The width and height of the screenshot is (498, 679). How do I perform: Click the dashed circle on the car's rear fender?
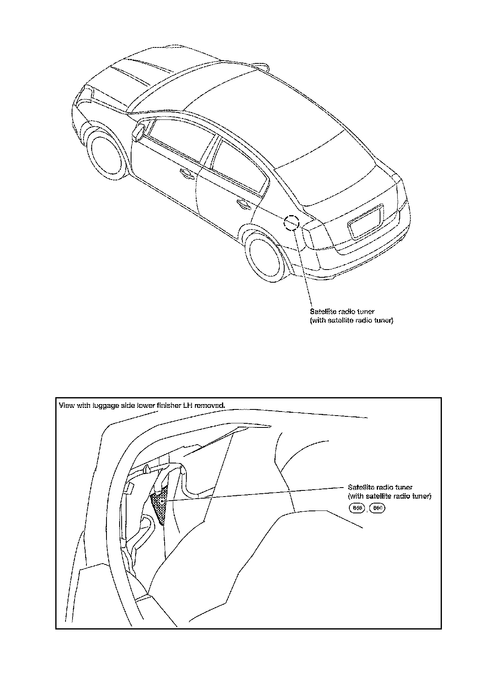point(292,223)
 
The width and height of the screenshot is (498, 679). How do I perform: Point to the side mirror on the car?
point(138,132)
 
